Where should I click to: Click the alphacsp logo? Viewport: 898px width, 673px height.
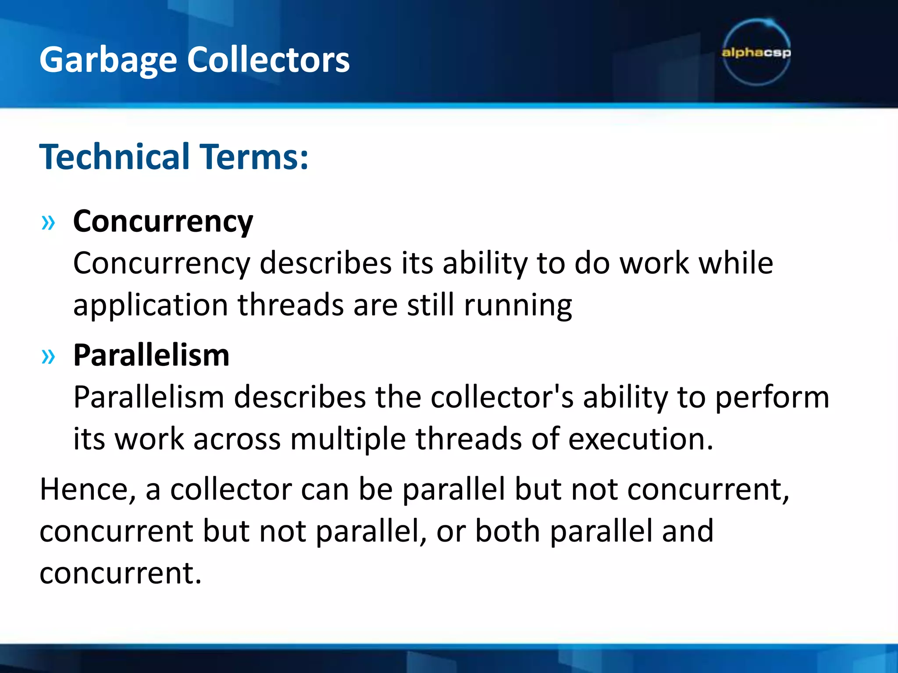(756, 53)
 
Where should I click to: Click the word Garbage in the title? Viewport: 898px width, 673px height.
(108, 60)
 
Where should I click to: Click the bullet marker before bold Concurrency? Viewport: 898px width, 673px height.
(48, 223)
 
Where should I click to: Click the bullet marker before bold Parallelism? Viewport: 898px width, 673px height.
(48, 357)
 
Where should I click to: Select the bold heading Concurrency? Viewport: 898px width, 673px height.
(163, 222)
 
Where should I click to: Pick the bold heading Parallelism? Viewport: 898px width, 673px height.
(151, 355)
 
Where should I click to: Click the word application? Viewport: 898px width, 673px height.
(150, 305)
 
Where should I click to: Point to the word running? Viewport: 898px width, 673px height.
(518, 305)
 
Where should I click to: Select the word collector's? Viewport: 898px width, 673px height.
(502, 397)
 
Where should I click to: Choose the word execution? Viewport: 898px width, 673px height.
(641, 439)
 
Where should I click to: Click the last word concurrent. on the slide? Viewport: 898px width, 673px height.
(120, 573)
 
